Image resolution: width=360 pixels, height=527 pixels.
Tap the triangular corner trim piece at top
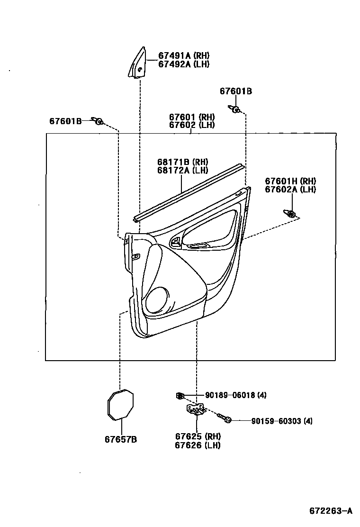[137, 63]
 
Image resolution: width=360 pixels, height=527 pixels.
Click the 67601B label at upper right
[235, 91]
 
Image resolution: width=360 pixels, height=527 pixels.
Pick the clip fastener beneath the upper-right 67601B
[235, 110]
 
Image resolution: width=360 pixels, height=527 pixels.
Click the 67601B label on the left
[65, 121]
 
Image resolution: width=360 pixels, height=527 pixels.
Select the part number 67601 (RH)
[192, 117]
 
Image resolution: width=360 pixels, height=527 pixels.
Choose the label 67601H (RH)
[290, 181]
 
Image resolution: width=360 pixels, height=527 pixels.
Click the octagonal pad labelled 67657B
[120, 404]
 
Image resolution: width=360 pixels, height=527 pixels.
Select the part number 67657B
[121, 439]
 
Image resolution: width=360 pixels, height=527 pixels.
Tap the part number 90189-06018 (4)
[235, 395]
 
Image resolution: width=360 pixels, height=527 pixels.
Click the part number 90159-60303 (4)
[281, 421]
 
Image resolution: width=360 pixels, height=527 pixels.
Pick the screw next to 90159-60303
[224, 418]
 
